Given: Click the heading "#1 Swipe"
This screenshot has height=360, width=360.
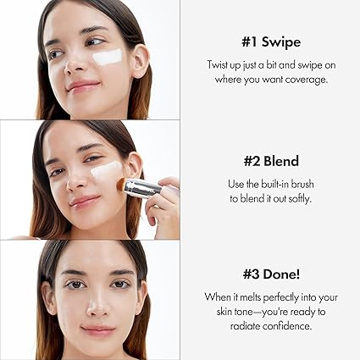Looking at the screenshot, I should click(269, 41).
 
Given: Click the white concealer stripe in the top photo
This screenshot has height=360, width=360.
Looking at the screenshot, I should click(107, 58).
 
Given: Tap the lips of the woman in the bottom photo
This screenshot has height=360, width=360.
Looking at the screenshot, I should click(97, 330).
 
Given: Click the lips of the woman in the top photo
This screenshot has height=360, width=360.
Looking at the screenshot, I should click(82, 86).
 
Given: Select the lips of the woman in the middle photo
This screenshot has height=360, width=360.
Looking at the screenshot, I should click(85, 202).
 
